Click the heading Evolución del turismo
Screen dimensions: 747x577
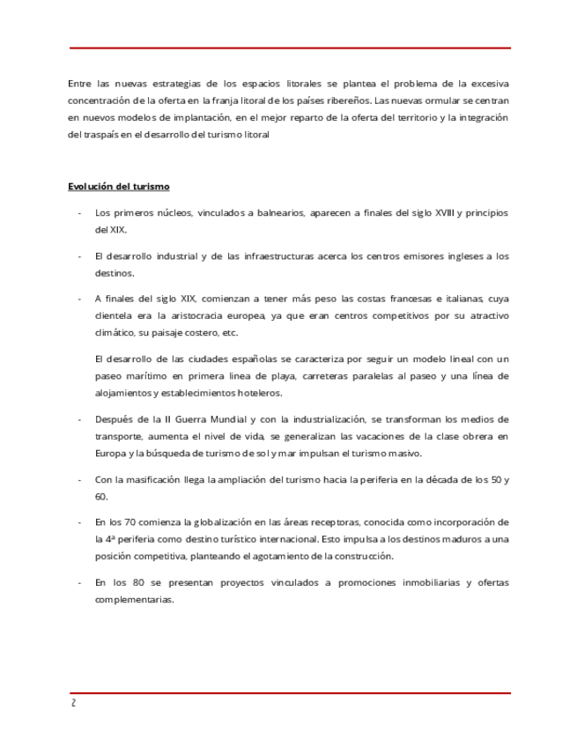point(119,187)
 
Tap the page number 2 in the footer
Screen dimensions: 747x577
point(74,703)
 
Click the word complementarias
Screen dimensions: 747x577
point(134,600)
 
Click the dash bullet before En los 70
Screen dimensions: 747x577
point(80,522)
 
